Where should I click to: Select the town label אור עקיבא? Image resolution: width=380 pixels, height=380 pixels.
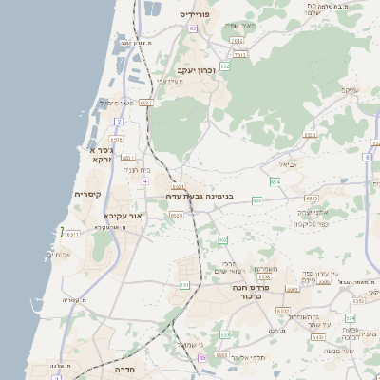[123, 216]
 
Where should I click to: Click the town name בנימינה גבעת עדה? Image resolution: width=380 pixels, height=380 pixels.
[199, 197]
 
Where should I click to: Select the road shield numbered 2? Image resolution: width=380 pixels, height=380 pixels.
[119, 123]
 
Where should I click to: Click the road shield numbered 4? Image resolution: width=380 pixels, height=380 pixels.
[144, 180]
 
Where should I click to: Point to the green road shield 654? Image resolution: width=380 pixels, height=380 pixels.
[275, 181]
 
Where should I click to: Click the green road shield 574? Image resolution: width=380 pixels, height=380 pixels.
[350, 317]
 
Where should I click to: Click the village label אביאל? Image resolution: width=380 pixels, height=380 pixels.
[289, 163]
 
